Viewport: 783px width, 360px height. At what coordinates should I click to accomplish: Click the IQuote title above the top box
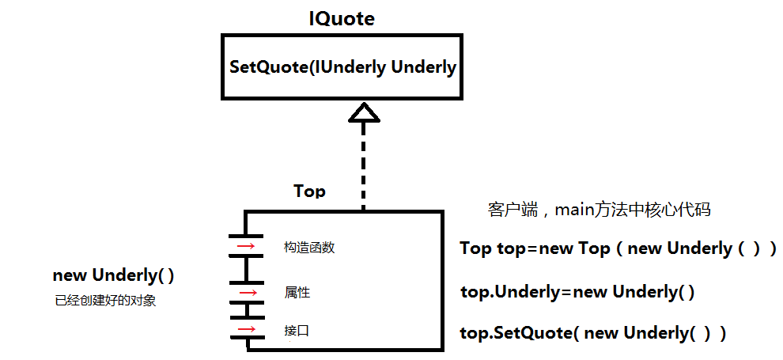342,18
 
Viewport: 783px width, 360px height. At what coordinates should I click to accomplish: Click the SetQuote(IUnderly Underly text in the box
342,67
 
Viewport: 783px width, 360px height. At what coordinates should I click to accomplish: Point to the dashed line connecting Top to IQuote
363,166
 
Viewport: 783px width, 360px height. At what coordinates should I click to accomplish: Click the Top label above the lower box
309,191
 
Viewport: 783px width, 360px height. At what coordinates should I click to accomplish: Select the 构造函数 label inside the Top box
309,248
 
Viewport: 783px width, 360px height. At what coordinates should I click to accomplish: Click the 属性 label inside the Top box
297,293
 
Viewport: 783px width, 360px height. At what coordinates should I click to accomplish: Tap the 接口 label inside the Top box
297,330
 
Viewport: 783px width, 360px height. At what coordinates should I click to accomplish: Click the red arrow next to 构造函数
246,247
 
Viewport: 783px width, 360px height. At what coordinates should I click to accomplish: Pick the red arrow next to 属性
247,292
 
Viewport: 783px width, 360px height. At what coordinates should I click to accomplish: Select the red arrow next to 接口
246,329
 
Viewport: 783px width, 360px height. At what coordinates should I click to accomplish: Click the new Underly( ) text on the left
114,275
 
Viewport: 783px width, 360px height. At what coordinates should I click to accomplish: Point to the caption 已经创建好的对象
105,300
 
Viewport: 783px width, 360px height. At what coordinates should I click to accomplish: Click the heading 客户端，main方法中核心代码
599,210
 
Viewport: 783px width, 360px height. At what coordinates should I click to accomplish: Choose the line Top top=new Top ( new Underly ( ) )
618,248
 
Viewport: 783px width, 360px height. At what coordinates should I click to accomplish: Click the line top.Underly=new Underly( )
577,292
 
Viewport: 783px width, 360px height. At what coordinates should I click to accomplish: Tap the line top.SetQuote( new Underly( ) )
593,333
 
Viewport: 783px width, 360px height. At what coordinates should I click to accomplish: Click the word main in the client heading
575,210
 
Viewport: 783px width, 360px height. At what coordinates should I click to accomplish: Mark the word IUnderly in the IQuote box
350,67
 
